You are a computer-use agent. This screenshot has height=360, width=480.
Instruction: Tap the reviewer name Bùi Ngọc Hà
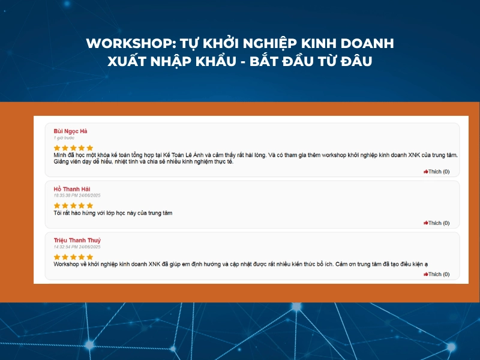(x=71, y=131)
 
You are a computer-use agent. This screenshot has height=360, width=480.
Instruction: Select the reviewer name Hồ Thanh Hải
(x=71, y=189)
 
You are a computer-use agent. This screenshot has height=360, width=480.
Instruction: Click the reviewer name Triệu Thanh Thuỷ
(x=77, y=241)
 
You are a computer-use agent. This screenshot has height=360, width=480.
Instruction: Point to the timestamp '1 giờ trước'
(x=64, y=138)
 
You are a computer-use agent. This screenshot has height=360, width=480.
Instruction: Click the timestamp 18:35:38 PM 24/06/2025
(x=77, y=196)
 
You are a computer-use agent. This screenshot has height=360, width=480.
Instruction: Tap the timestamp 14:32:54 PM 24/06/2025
(x=77, y=247)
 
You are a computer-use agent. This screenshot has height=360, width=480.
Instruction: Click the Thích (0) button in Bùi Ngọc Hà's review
(x=437, y=172)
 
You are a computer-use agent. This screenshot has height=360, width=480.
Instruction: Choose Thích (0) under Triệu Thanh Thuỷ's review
(x=437, y=274)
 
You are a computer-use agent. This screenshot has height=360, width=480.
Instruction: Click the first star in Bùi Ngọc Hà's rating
(x=57, y=148)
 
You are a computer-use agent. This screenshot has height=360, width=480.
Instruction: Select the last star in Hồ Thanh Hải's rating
(x=90, y=205)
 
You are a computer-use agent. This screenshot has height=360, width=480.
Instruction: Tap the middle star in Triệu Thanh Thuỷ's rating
(x=73, y=257)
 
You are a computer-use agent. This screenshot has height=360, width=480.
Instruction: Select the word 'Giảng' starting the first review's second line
(x=62, y=162)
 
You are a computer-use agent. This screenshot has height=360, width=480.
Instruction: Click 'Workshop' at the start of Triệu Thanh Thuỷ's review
(x=66, y=264)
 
